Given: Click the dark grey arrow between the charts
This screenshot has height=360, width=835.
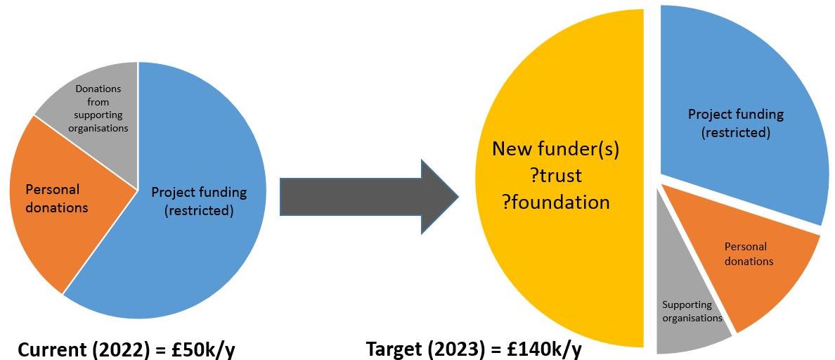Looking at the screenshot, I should [x=365, y=197].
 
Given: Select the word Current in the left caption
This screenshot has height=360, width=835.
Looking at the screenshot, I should [x=50, y=349].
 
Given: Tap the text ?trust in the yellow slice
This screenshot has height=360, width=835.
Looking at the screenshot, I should [x=555, y=175].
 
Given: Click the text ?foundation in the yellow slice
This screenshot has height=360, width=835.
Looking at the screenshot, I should [x=555, y=202].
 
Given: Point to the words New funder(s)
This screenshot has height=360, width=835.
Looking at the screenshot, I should [x=555, y=148].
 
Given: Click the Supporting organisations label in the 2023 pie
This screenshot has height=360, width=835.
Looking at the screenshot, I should [x=692, y=311].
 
